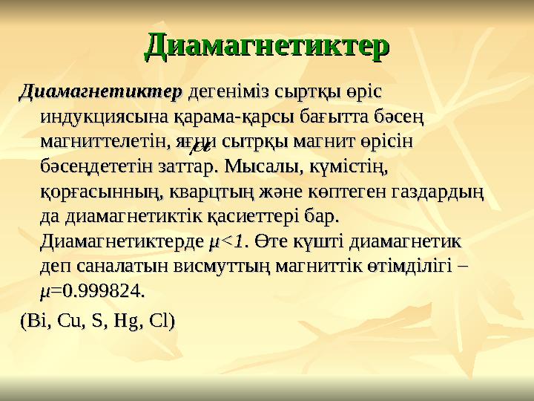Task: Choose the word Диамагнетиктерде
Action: [x=121, y=241]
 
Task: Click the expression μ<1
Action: [x=228, y=241]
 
